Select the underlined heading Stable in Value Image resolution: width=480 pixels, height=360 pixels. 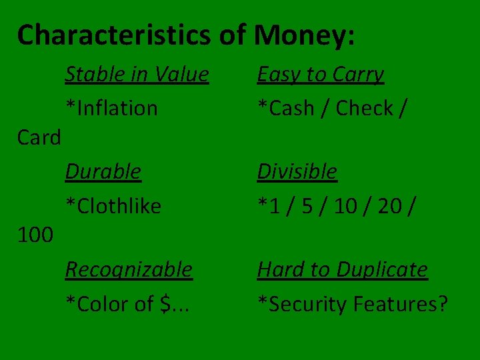point(137,74)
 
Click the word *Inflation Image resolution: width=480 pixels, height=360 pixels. point(111,108)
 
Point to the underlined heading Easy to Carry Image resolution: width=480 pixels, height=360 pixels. point(321,74)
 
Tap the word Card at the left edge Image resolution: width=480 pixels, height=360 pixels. point(39,138)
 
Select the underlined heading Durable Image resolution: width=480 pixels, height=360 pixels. point(103,171)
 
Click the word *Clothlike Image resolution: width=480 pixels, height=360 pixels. point(113,206)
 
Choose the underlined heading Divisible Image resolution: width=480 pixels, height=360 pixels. point(297,171)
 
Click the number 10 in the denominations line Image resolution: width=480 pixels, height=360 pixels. point(345,206)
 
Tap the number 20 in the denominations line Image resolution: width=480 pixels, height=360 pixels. point(390,206)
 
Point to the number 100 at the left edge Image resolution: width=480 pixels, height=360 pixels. point(36,235)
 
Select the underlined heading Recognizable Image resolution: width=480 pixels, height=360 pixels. point(129,269)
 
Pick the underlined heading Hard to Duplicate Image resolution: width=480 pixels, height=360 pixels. point(343,269)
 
